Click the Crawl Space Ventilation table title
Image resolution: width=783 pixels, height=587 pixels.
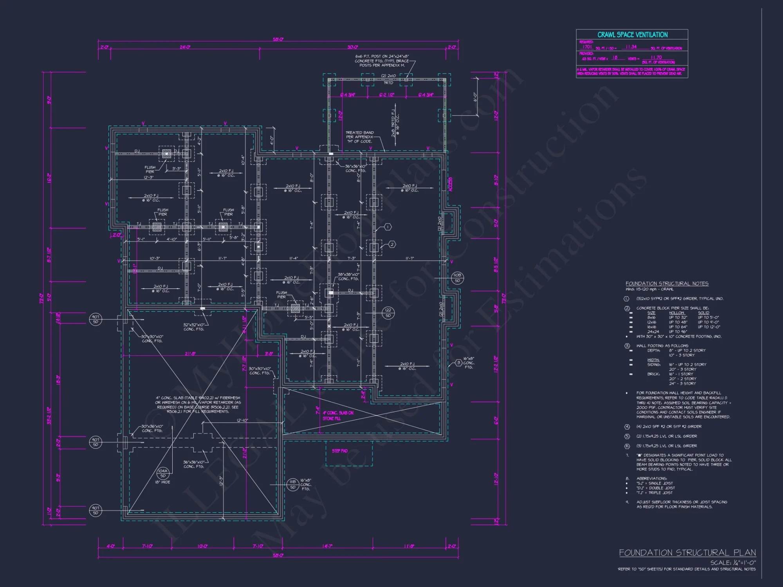[632, 35]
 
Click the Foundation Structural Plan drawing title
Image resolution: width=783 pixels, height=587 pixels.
[687, 553]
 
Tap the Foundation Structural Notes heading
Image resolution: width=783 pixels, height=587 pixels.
[667, 283]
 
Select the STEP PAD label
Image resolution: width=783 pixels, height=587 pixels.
[339, 451]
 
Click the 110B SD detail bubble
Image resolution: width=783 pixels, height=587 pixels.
[457, 278]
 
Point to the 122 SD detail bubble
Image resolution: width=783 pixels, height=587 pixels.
[388, 313]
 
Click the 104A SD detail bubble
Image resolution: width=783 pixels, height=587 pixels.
[163, 473]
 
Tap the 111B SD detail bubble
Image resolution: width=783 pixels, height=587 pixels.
[292, 484]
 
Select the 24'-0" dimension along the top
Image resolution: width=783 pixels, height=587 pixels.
[185, 47]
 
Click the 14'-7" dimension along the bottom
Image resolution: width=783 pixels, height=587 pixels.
[327, 546]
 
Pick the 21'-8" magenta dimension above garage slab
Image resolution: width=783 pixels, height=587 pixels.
[190, 354]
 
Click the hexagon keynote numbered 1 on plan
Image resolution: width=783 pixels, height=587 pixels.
[388, 227]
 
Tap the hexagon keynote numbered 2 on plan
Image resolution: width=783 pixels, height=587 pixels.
[392, 245]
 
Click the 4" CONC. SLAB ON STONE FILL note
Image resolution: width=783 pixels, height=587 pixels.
[338, 416]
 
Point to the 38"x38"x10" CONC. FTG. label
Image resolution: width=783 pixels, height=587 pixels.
[348, 277]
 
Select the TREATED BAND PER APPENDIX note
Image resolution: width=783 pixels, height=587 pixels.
[359, 137]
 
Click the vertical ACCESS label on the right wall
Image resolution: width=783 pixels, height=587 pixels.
[451, 184]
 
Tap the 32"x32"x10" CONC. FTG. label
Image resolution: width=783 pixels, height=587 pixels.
[194, 327]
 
